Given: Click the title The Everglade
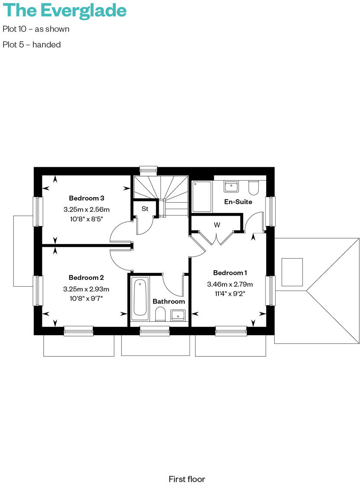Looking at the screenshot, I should pyautogui.click(x=65, y=11).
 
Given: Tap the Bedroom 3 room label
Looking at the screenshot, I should pyautogui.click(x=87, y=198).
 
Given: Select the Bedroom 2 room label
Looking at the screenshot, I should pyautogui.click(x=86, y=278).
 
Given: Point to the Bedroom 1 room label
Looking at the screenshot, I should pyautogui.click(x=230, y=273).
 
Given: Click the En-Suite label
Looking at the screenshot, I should pyautogui.click(x=238, y=202).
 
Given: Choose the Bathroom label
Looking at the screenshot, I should pyautogui.click(x=169, y=301).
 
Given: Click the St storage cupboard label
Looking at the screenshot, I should pyautogui.click(x=145, y=209).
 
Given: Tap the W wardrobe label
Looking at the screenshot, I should pyautogui.click(x=217, y=225).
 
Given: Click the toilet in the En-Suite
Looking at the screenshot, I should pyautogui.click(x=254, y=187).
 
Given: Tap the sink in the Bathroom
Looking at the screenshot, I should pyautogui.click(x=178, y=315).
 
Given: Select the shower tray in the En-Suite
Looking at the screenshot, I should pyautogui.click(x=202, y=197).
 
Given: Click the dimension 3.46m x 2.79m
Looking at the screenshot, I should pyautogui.click(x=230, y=285).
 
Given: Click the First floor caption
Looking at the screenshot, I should pyautogui.click(x=186, y=479).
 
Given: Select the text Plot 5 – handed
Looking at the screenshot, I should pyautogui.click(x=32, y=44).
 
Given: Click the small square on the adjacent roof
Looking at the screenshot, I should pyautogui.click(x=292, y=272).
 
